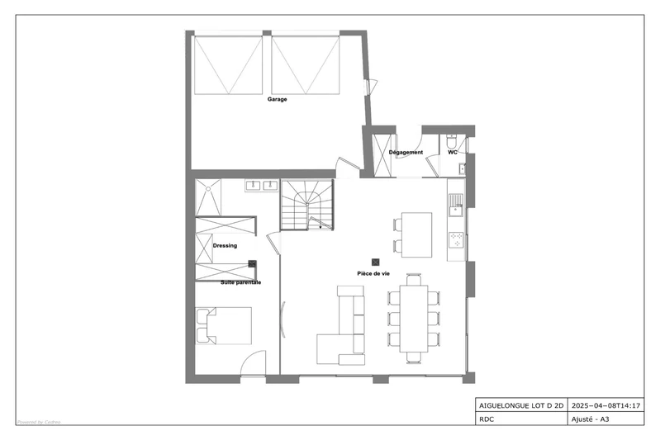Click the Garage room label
click(x=277, y=99)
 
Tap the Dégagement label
click(x=406, y=152)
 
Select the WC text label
click(x=453, y=152)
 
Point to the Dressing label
click(x=225, y=246)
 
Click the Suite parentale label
click(x=240, y=282)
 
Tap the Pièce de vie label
click(x=373, y=273)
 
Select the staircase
click(x=307, y=205)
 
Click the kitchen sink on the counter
click(x=455, y=205)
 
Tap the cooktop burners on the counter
click(x=456, y=239)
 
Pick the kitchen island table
click(x=416, y=234)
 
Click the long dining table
click(x=414, y=319)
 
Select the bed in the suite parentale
click(x=224, y=325)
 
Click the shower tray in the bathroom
click(x=208, y=197)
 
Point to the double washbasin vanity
click(x=261, y=185)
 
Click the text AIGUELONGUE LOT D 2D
click(x=521, y=406)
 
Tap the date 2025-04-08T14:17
click(x=605, y=406)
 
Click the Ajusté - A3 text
click(x=590, y=419)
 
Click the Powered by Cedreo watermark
click(x=39, y=422)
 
